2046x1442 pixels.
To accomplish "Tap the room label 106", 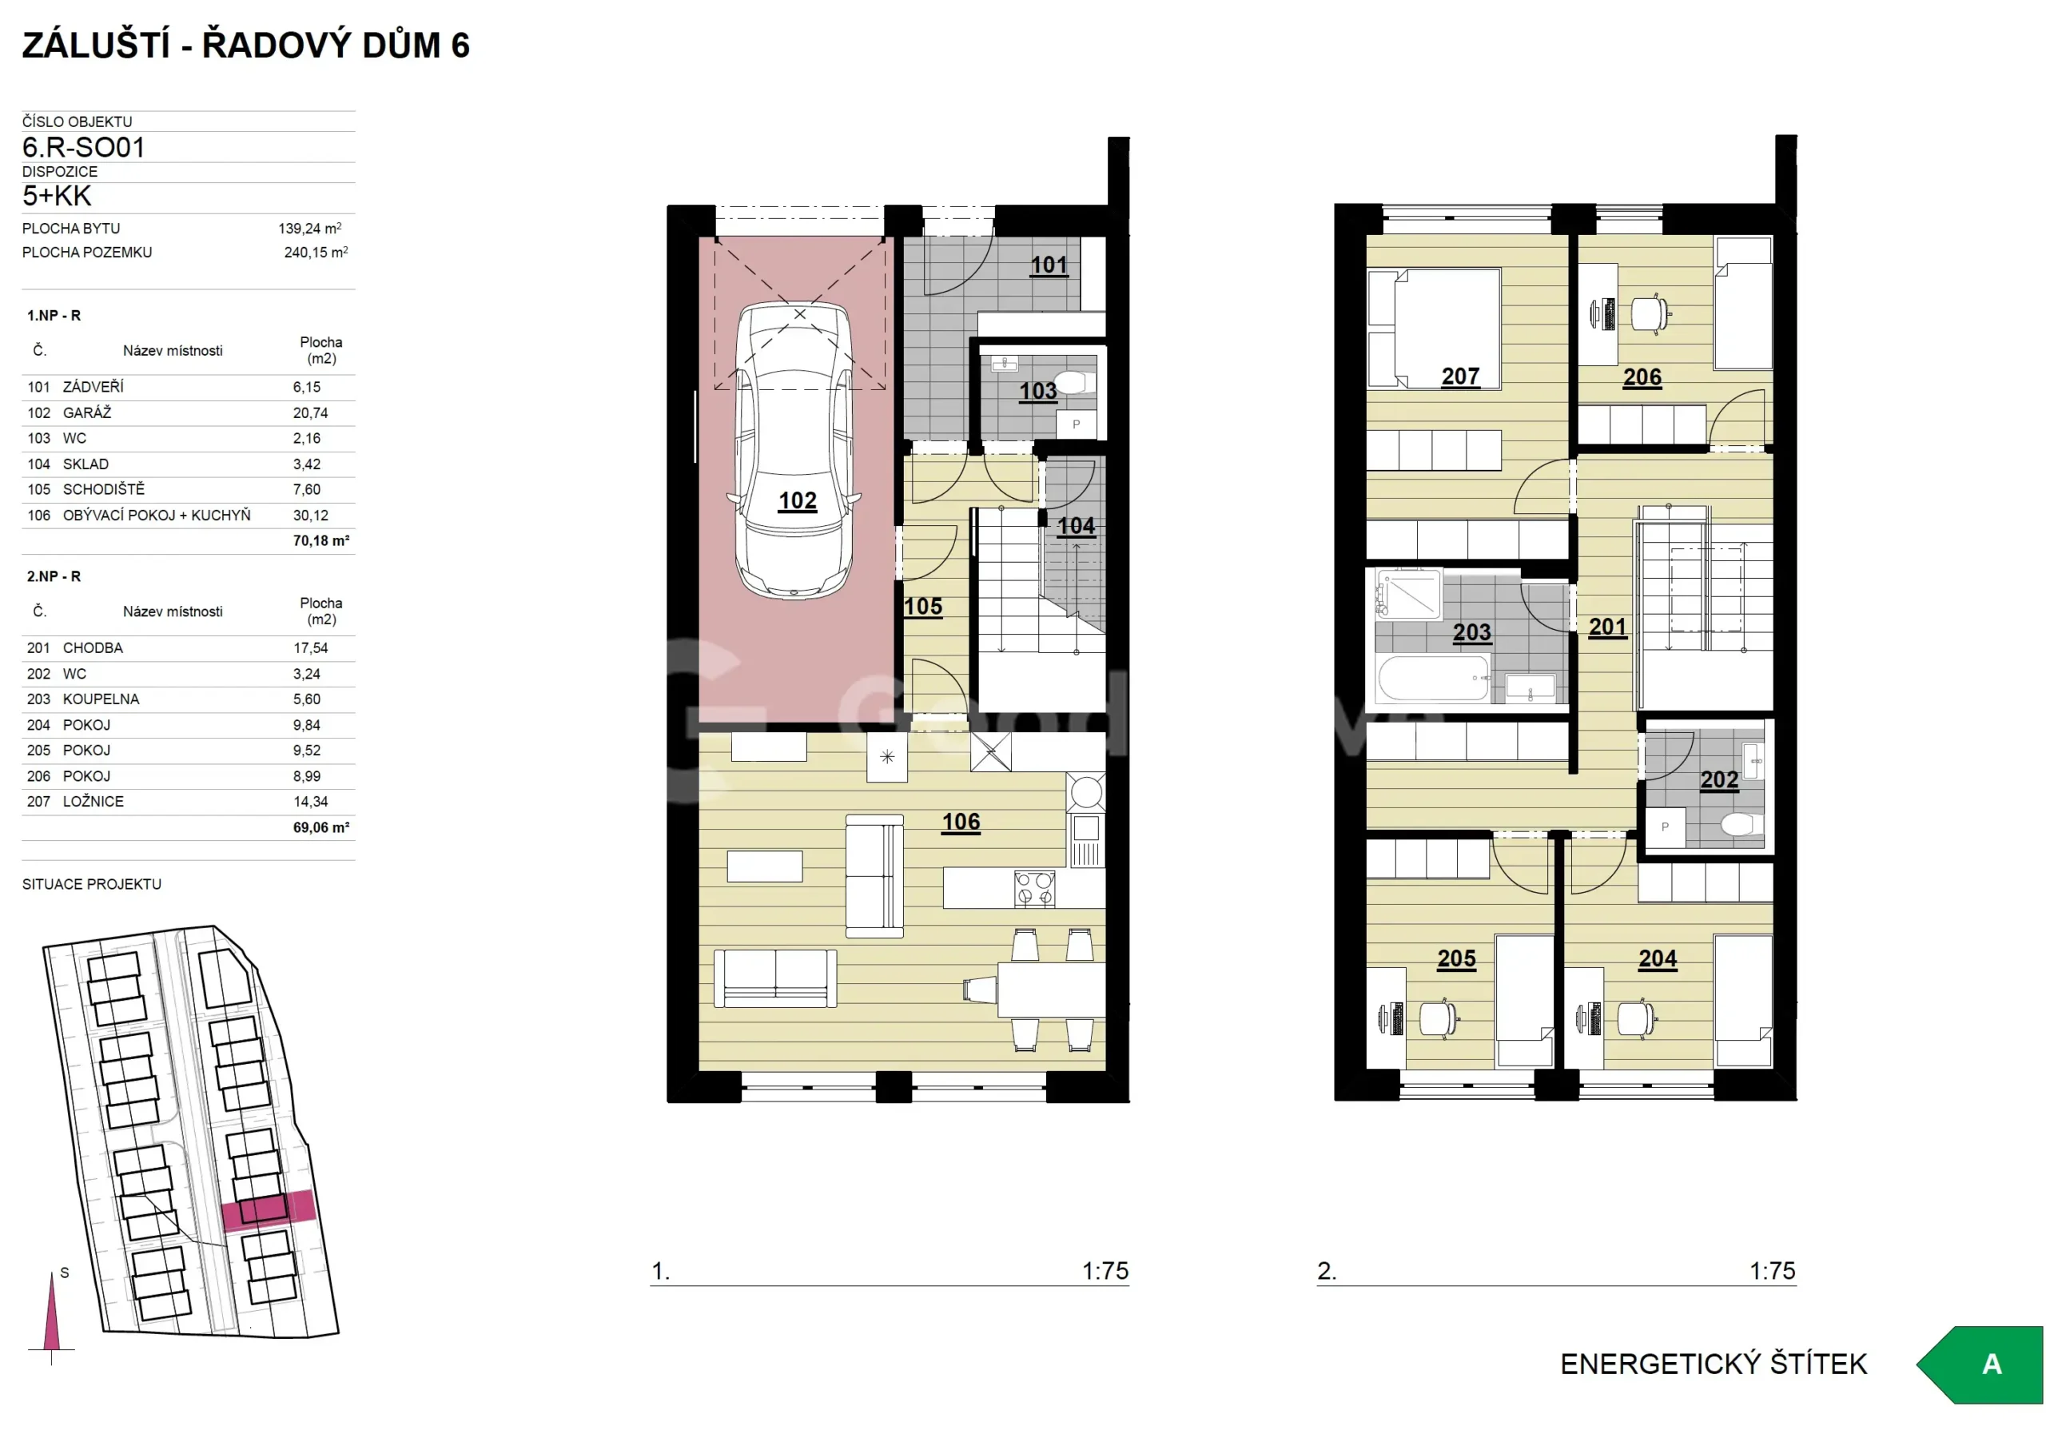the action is click(961, 822).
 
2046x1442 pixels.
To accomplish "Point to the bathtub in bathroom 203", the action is click(1433, 678).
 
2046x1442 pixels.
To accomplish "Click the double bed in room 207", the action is click(1434, 329).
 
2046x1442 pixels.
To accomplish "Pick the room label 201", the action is click(1607, 627).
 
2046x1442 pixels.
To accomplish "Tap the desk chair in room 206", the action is click(1650, 313).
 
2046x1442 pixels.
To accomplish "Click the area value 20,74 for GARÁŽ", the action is click(310, 412).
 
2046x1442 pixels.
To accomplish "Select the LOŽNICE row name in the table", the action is click(93, 801).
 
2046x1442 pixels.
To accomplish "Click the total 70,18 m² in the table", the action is click(320, 540).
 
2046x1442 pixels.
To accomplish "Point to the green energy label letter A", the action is click(1991, 1364).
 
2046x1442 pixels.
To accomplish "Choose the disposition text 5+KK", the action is click(57, 196).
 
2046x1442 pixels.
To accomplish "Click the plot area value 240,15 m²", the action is click(316, 253).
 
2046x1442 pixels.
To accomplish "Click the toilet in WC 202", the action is click(1738, 823).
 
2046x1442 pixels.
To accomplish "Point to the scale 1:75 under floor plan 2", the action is click(1772, 1270).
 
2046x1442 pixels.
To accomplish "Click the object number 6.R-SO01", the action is click(84, 147).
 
